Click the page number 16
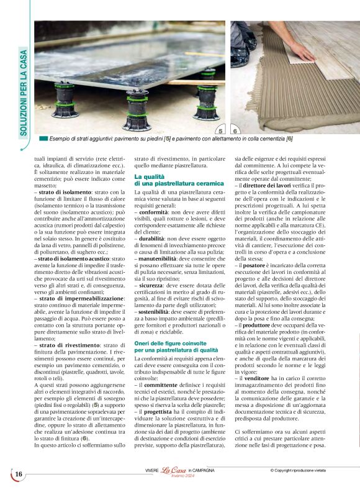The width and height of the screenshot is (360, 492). (x=19, y=475)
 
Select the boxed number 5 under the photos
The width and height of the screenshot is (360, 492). (x=221, y=131)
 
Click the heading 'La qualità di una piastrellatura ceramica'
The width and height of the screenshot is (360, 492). (x=179, y=181)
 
